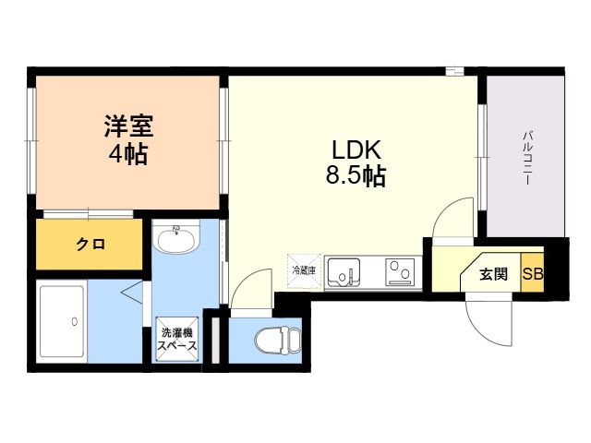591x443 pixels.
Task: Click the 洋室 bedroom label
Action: click(129, 126)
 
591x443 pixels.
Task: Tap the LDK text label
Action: click(356, 150)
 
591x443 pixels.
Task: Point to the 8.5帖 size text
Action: click(356, 175)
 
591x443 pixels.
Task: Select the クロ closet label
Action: click(90, 245)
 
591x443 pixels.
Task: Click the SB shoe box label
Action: click(533, 274)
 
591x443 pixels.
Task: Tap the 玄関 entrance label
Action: click(493, 274)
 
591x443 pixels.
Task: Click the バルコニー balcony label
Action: click(527, 158)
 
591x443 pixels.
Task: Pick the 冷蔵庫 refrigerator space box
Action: click(304, 270)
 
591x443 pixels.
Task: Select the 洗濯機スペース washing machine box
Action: click(177, 339)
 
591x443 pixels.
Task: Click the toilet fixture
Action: click(278, 341)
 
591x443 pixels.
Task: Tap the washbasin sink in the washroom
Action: click(176, 239)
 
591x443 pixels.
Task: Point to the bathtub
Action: click(62, 321)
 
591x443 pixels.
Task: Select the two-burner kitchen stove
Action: click(400, 272)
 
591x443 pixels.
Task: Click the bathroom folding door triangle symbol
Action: click(131, 292)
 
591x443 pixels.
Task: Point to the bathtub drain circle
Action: click(75, 322)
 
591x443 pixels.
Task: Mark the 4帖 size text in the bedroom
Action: click(128, 154)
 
